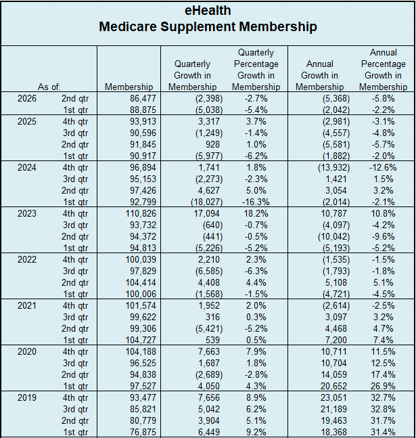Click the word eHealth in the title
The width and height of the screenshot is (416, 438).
tap(208, 11)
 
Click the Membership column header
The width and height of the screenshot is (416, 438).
tap(129, 87)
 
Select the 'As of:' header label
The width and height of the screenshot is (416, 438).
tap(49, 87)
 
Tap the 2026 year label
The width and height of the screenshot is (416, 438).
tap(27, 98)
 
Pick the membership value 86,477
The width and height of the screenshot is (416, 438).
tap(143, 98)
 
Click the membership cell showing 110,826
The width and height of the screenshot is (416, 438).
tap(141, 213)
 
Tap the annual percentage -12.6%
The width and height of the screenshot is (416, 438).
tap(383, 167)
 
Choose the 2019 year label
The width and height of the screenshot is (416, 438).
tap(27, 397)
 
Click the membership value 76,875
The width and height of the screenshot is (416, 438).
tap(143, 432)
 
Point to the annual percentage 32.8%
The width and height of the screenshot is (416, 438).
tap(383, 409)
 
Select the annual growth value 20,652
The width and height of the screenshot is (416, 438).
tap(333, 386)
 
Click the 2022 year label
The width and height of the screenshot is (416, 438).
tap(27, 259)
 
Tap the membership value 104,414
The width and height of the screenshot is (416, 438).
tap(141, 282)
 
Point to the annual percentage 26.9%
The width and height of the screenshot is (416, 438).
tap(383, 386)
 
